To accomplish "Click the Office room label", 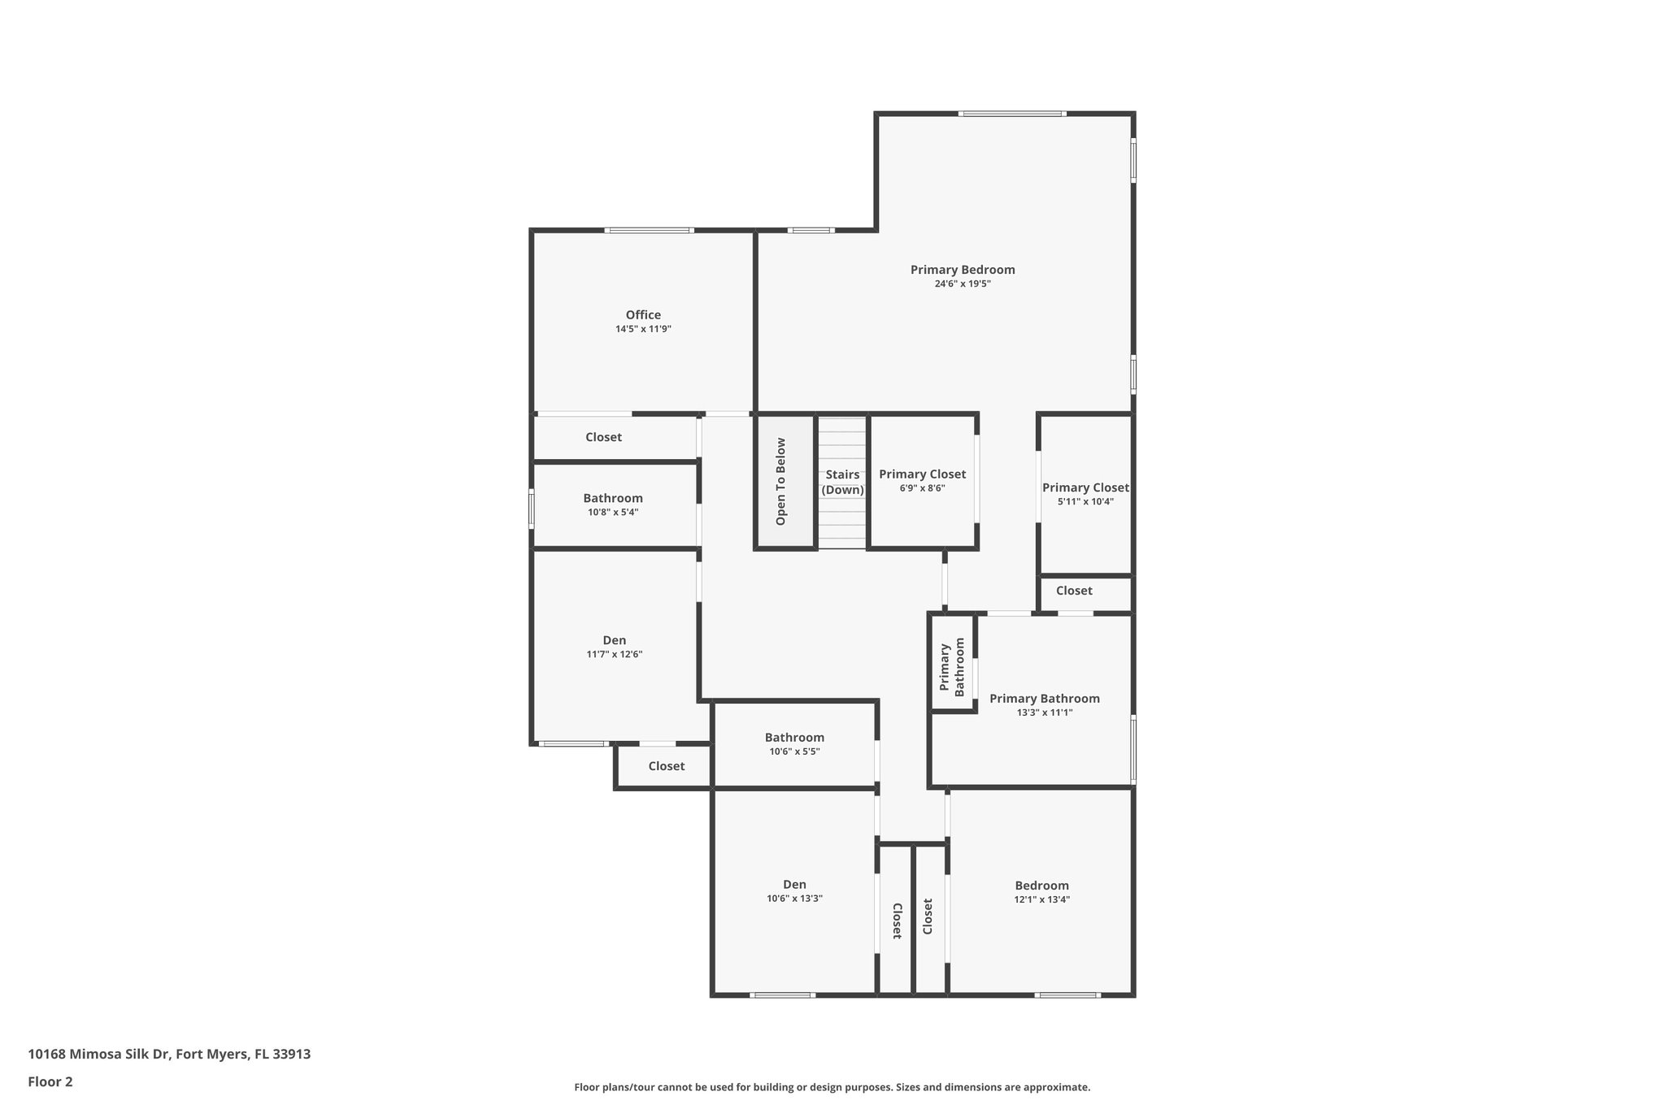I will [643, 315].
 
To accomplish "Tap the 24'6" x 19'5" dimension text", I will [963, 284].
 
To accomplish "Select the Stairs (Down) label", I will [842, 482].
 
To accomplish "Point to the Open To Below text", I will [781, 482].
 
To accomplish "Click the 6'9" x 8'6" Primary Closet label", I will [922, 474].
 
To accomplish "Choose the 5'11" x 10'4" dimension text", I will [1085, 502].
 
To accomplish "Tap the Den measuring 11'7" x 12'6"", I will [615, 640].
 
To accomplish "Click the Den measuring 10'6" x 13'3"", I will [794, 885].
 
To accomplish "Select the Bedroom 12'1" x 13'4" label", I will [1041, 886].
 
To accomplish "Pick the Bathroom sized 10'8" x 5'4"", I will [613, 499].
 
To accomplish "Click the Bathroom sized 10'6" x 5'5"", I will [794, 738].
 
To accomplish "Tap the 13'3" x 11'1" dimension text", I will [1045, 713].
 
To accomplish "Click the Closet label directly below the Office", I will [603, 437].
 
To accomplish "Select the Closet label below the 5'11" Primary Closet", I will [1074, 591].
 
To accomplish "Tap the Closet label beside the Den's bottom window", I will [666, 766].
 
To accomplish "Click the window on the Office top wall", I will [648, 231].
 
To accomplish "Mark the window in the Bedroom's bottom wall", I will [1067, 994].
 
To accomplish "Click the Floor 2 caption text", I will [50, 1081].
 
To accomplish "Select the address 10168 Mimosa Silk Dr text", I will [169, 1055].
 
